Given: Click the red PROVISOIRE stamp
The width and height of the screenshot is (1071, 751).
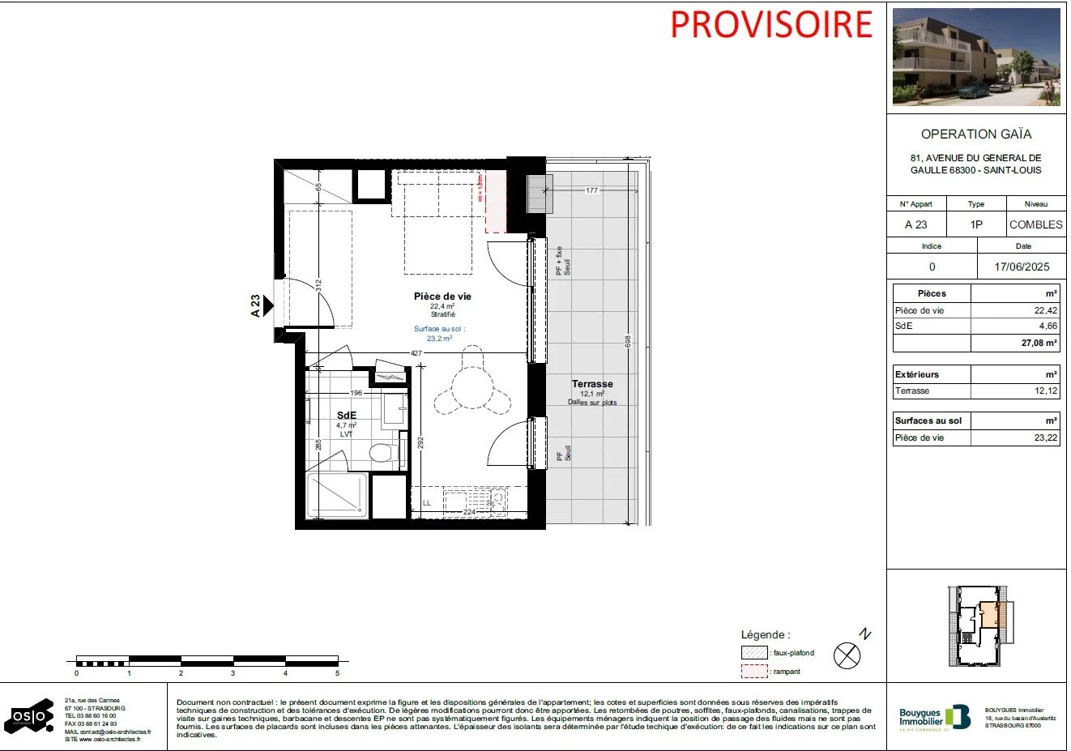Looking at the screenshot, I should (x=770, y=24).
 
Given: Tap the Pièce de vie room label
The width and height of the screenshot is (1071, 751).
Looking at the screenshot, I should (x=442, y=297).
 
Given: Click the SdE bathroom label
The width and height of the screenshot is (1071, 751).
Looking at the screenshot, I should (x=347, y=416).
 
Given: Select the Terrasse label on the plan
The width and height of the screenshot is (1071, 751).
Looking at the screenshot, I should (x=592, y=384).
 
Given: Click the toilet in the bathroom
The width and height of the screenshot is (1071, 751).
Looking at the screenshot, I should (x=379, y=453).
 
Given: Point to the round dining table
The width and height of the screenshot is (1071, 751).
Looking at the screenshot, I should (x=472, y=384).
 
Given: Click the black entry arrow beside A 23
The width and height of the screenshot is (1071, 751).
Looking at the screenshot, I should (x=269, y=305).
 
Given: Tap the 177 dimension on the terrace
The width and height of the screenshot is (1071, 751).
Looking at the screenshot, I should (x=591, y=190).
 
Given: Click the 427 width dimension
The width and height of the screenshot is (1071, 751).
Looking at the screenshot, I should (x=416, y=353).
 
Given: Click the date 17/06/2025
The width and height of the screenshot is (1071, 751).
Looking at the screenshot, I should (x=1022, y=267).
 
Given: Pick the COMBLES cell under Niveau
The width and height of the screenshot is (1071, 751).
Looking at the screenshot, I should (x=1035, y=224).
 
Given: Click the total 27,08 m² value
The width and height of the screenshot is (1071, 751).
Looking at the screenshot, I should (x=1039, y=343).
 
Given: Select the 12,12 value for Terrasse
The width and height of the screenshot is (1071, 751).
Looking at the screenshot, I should (x=1045, y=390).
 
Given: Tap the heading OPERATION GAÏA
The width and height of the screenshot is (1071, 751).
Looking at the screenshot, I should (x=976, y=134).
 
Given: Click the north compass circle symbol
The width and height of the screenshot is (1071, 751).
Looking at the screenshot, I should (x=847, y=655).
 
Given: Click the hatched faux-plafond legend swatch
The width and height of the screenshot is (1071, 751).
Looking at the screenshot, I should (x=753, y=653).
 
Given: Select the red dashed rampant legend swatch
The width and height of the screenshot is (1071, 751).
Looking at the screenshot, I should (x=753, y=672).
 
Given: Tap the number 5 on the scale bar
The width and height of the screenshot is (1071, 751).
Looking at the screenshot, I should (x=337, y=673).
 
